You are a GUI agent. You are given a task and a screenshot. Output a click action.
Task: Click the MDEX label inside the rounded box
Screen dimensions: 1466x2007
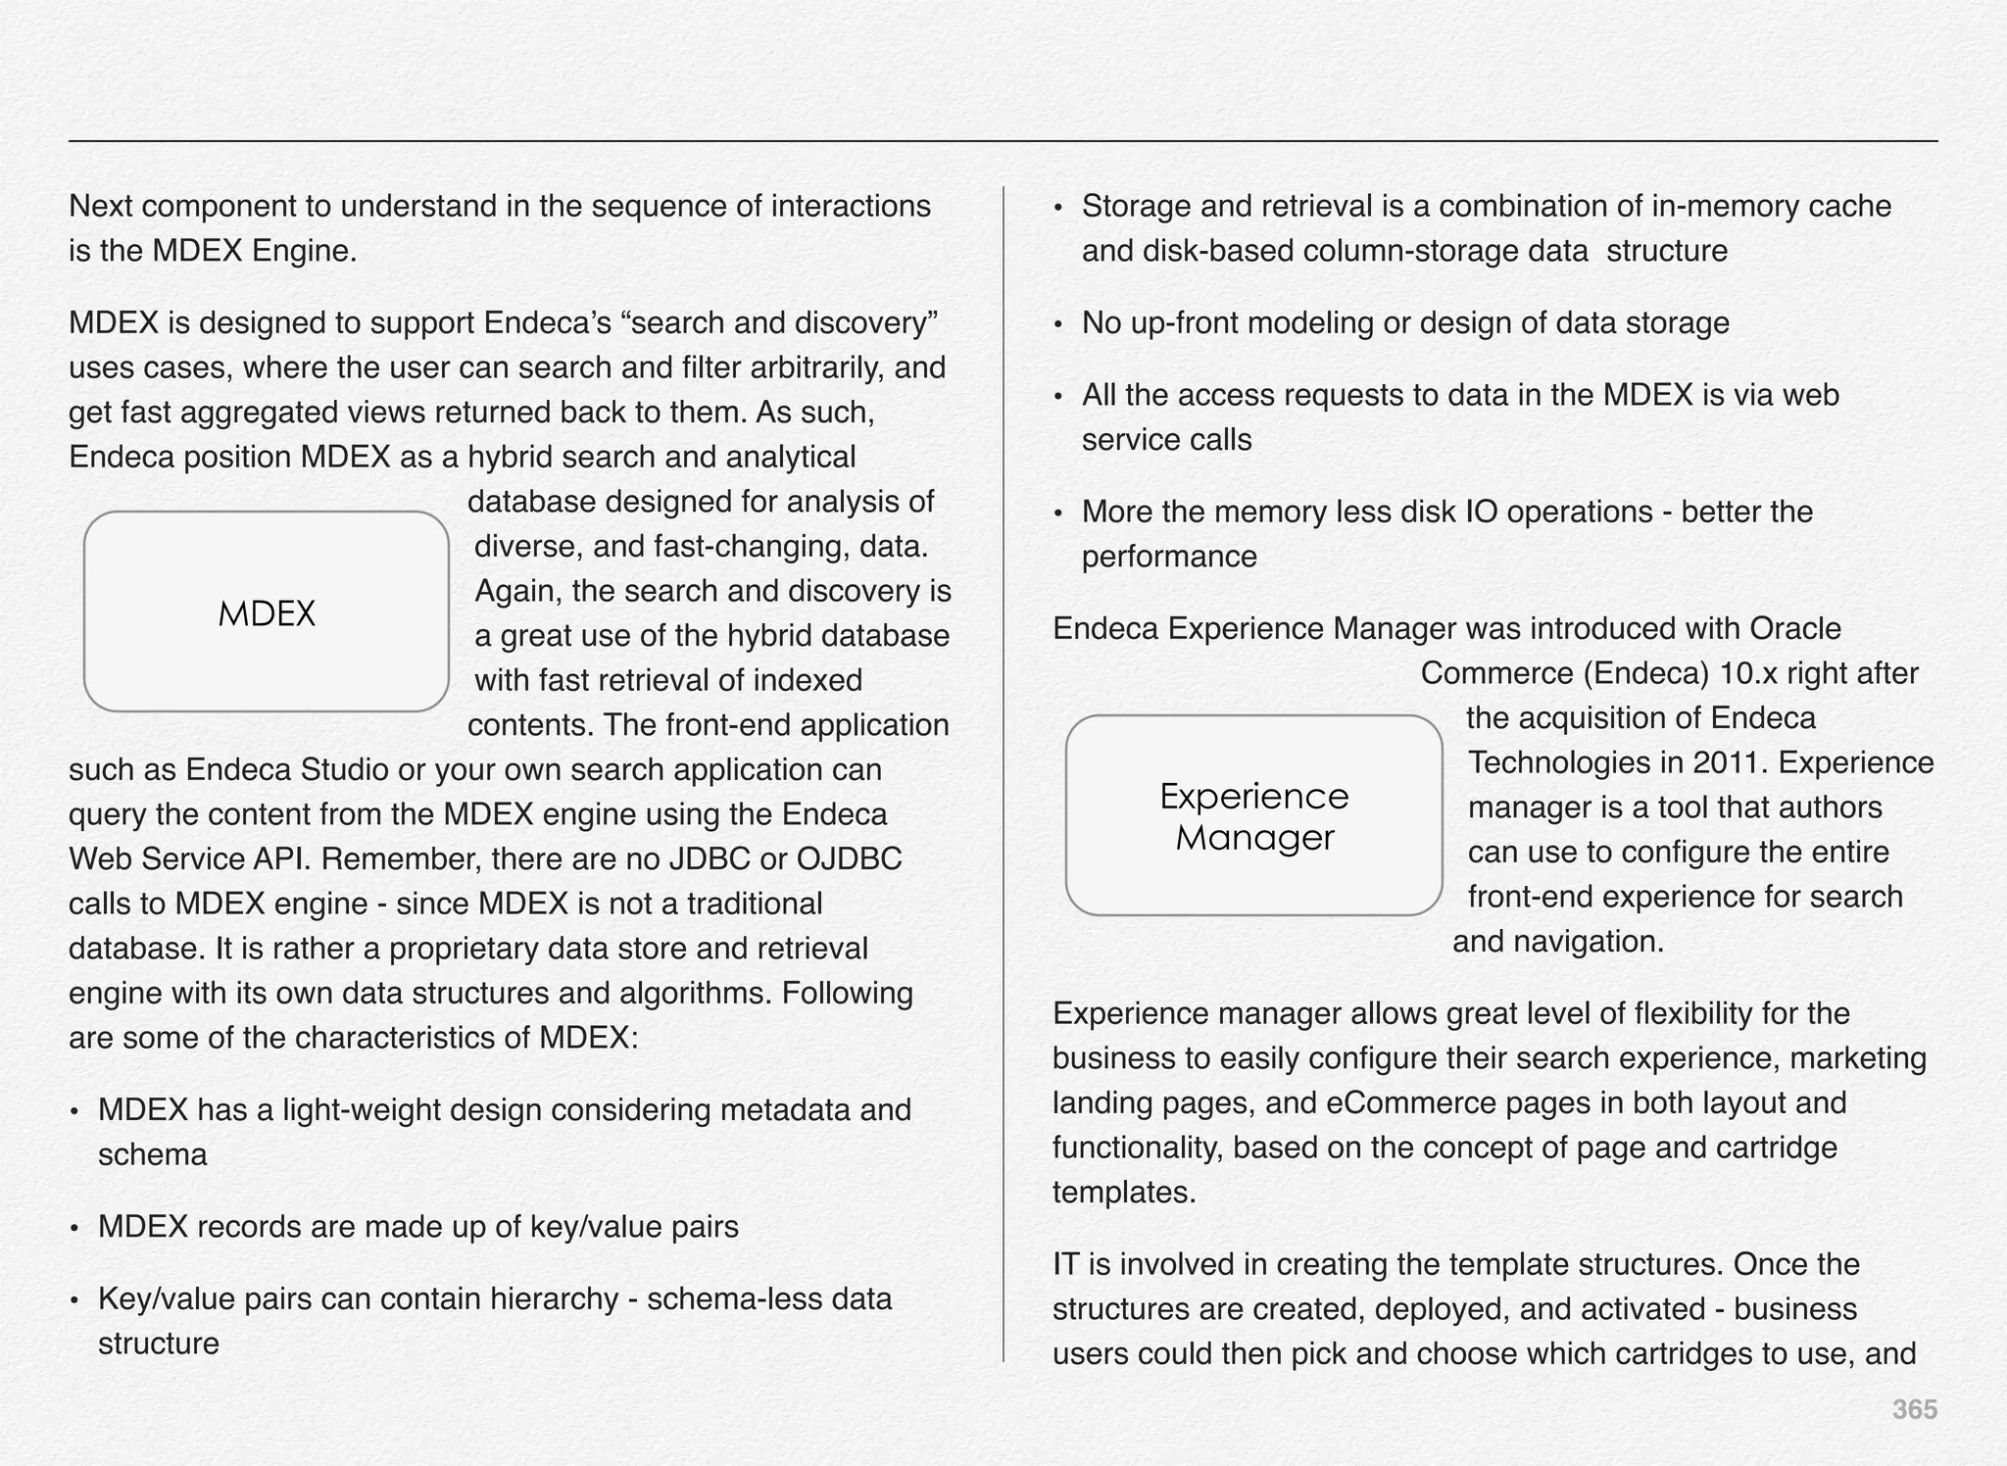(267, 614)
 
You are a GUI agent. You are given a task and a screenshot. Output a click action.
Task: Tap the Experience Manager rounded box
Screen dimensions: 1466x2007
(1253, 816)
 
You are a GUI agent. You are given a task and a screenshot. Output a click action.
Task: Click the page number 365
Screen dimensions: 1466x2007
(1914, 1410)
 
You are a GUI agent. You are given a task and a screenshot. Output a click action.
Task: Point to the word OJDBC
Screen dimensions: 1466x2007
(849, 859)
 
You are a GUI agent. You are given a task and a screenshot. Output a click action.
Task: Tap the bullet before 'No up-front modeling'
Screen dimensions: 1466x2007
(1058, 324)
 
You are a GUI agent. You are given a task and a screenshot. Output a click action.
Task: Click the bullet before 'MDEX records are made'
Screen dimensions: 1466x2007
(74, 1229)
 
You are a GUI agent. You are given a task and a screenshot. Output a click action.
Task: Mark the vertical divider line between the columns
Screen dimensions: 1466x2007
(1003, 774)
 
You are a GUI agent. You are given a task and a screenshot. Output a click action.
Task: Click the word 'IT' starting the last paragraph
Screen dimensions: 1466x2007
(1065, 1265)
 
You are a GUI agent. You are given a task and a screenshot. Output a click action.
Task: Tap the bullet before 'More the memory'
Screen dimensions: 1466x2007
(1058, 513)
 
